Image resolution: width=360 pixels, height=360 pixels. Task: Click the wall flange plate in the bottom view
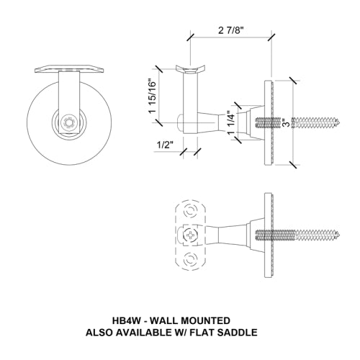pos(270,235)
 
